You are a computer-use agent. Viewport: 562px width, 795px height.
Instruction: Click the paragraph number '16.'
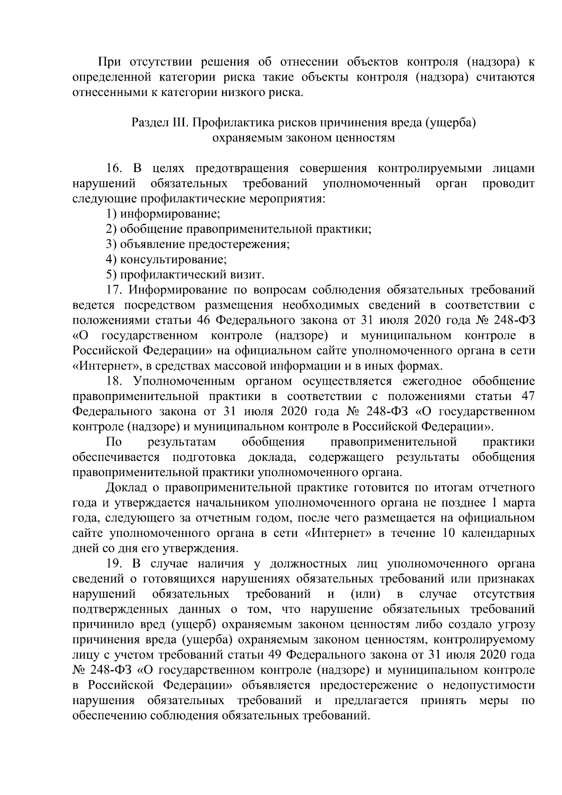(114, 169)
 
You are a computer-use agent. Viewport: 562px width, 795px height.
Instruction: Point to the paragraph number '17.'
(114, 290)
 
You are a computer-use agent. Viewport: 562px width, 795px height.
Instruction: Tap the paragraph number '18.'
(114, 381)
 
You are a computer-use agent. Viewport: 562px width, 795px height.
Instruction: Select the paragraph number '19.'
(114, 564)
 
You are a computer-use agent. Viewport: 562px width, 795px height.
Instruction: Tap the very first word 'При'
(108, 62)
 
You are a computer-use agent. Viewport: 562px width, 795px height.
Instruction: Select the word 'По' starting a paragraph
(114, 442)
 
